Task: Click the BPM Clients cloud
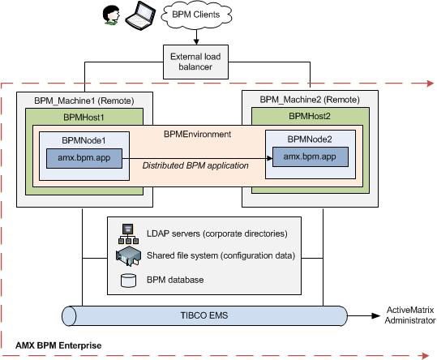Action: [x=196, y=15]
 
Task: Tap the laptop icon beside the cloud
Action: [x=140, y=16]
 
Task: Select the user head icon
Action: [x=112, y=15]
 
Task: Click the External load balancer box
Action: [x=195, y=62]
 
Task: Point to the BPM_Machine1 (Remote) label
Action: [x=84, y=101]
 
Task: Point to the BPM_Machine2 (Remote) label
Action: [x=310, y=100]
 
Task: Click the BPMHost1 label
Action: [x=84, y=118]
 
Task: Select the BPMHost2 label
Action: [x=310, y=116]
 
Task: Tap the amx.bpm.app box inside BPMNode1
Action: [x=84, y=158]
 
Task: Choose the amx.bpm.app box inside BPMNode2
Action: [x=311, y=156]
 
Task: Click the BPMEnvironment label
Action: [x=197, y=134]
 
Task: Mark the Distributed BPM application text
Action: [x=195, y=165]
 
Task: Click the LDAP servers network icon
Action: [x=128, y=234]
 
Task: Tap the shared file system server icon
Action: [x=128, y=255]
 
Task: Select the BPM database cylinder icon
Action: [x=128, y=280]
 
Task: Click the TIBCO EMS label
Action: [x=204, y=315]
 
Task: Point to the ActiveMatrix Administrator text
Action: [x=410, y=315]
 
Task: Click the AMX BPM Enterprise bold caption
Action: [x=58, y=345]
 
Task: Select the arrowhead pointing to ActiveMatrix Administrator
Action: [x=376, y=315]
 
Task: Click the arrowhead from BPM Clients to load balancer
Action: [x=196, y=41]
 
